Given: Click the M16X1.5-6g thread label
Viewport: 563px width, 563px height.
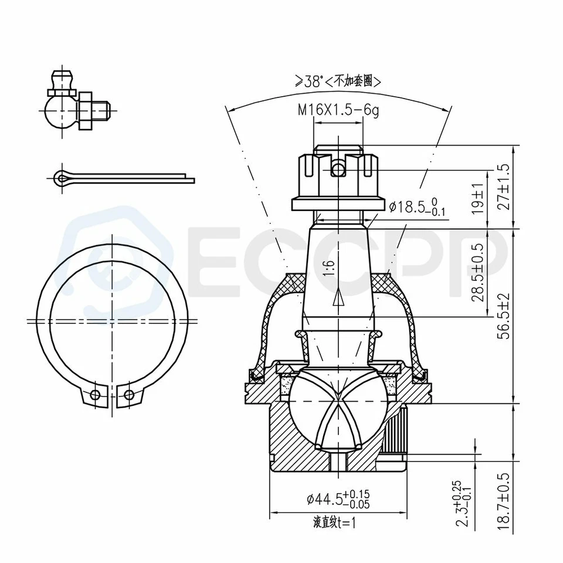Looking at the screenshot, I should pyautogui.click(x=338, y=110).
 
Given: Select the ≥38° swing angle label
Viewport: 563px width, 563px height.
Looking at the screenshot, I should pyautogui.click(x=338, y=82).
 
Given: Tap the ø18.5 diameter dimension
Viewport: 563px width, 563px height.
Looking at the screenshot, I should pyautogui.click(x=417, y=206).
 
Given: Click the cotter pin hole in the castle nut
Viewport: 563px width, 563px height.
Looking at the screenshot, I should pyautogui.click(x=338, y=169).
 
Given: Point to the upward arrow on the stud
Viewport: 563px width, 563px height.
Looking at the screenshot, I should pyautogui.click(x=338, y=299).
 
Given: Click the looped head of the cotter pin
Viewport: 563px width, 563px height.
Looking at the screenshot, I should pyautogui.click(x=61, y=178).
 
